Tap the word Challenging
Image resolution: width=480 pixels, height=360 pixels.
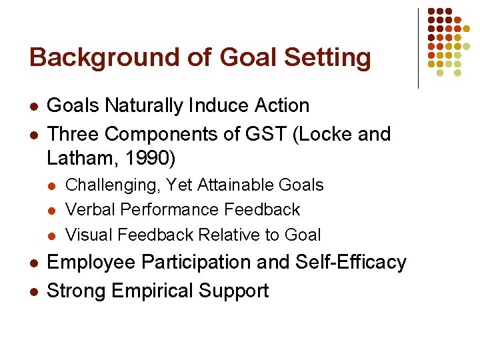pos(113,185)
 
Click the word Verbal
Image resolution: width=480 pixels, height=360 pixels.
pos(89,209)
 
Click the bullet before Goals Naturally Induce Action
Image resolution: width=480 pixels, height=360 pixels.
pos(33,107)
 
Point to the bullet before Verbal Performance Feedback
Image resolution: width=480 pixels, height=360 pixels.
pos(53,211)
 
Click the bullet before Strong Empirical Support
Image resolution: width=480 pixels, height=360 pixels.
pos(33,292)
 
